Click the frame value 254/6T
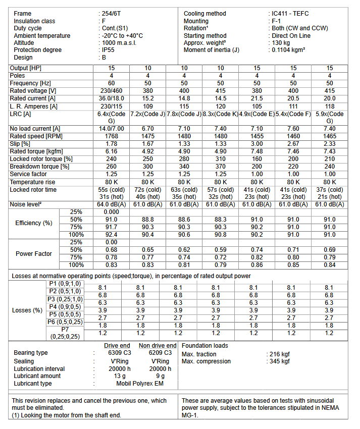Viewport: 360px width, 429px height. tap(112, 14)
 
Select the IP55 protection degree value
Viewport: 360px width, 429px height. tap(109, 50)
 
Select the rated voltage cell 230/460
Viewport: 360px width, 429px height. tap(112, 91)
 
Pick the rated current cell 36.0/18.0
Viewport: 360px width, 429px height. tap(112, 98)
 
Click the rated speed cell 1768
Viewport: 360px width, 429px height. tap(112, 136)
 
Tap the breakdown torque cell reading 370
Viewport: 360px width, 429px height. tap(221, 167)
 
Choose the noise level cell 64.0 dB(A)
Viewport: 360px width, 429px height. tap(112, 204)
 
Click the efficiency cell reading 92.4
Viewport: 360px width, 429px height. tap(112, 235)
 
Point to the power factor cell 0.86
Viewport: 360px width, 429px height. tap(257, 264)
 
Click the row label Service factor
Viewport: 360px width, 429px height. tap(29, 174)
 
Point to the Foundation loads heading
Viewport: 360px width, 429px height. tap(204, 346)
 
